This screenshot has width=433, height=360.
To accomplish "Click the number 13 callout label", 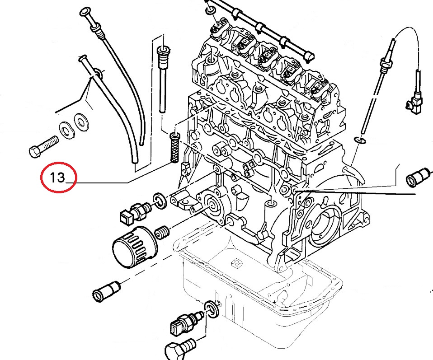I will [58, 178].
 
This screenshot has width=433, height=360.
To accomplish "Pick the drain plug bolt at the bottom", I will [179, 350].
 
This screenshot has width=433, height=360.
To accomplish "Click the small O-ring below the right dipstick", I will [359, 140].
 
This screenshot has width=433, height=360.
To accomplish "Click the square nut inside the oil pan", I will [235, 263].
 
